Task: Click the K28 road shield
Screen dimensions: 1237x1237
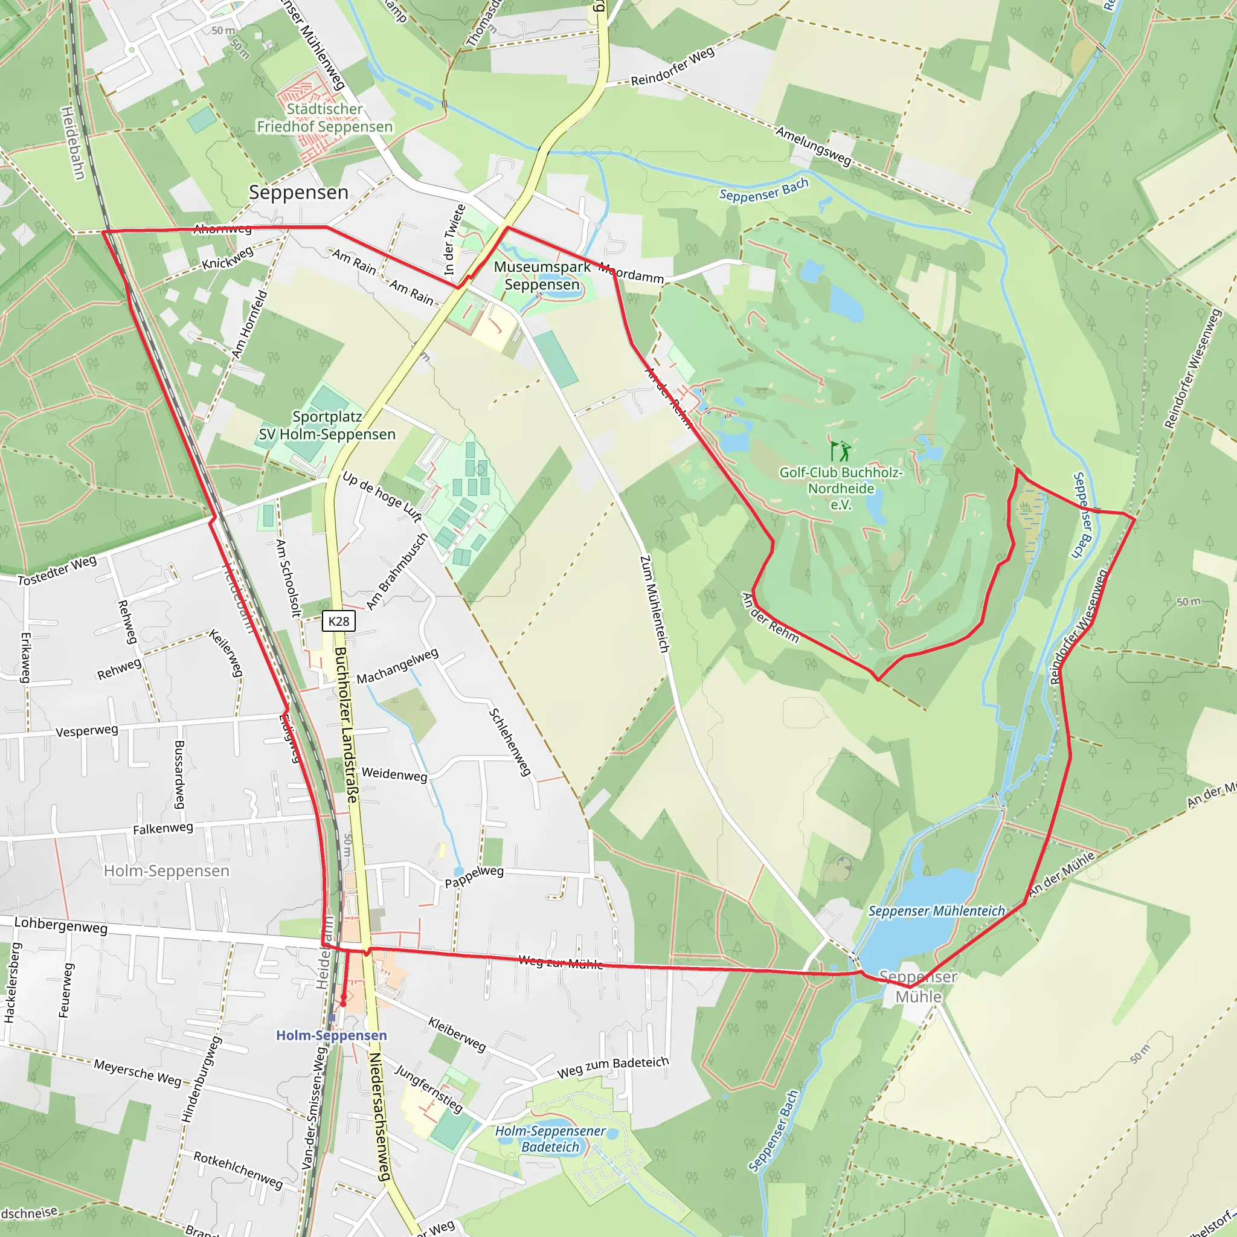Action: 339,621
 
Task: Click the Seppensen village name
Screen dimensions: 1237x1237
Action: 298,192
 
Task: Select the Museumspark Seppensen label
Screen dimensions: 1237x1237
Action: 542,275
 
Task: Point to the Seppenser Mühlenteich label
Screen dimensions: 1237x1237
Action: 936,910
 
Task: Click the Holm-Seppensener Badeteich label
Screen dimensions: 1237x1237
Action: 550,1139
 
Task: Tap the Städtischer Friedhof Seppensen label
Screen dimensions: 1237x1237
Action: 324,118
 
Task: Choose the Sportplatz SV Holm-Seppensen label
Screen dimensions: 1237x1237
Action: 327,425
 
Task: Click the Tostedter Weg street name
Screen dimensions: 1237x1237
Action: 57,570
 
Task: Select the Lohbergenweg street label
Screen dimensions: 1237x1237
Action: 61,925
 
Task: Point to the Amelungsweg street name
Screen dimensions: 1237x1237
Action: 813,146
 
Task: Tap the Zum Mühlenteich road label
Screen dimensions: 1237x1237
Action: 654,604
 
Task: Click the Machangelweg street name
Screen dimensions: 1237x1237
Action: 397,665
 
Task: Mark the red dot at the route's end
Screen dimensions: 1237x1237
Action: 343,1003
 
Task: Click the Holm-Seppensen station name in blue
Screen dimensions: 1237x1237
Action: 331,1035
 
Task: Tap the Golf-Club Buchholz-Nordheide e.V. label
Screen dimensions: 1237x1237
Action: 841,489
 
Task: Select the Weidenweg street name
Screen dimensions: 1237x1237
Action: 394,774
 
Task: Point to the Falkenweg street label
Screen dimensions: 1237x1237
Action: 162,829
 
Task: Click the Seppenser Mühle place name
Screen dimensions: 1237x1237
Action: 918,987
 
